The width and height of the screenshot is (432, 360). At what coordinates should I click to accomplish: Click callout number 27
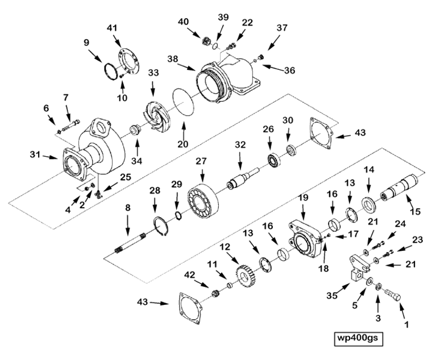tap(201, 161)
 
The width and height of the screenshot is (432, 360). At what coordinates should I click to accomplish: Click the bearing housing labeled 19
tap(302, 237)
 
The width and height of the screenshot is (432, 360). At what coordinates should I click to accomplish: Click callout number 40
tap(184, 22)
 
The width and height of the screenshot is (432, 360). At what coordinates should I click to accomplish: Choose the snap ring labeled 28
tap(161, 228)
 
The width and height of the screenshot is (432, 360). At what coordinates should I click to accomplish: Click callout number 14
tap(369, 170)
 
